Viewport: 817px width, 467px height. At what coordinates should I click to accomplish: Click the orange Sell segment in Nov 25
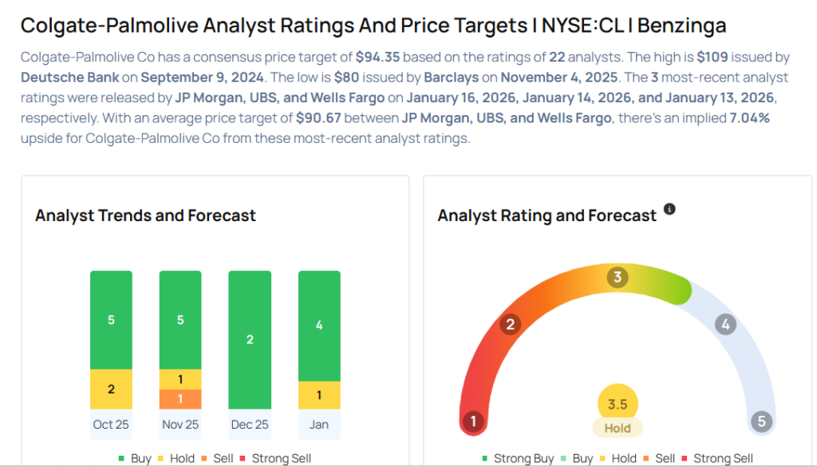(180, 399)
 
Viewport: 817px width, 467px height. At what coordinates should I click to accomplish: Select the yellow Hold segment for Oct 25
(111, 390)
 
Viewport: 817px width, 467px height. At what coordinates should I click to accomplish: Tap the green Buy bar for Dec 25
(250, 340)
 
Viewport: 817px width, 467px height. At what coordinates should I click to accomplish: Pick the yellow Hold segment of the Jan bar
(319, 395)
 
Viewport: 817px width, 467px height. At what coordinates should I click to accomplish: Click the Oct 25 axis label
(111, 424)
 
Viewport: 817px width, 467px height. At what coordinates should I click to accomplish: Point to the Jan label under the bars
(319, 424)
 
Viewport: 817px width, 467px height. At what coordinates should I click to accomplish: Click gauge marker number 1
(474, 421)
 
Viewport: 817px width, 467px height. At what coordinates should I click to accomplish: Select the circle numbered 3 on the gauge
(617, 278)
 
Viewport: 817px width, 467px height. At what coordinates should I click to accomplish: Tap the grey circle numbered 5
(762, 421)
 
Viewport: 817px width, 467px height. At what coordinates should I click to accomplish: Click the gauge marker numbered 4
(724, 324)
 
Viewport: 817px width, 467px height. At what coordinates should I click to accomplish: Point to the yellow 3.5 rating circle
(618, 404)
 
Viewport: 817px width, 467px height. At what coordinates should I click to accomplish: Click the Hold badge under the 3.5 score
(618, 428)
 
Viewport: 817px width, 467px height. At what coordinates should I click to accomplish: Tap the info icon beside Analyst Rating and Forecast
(669, 209)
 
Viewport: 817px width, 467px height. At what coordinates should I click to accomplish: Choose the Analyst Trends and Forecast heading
(145, 216)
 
